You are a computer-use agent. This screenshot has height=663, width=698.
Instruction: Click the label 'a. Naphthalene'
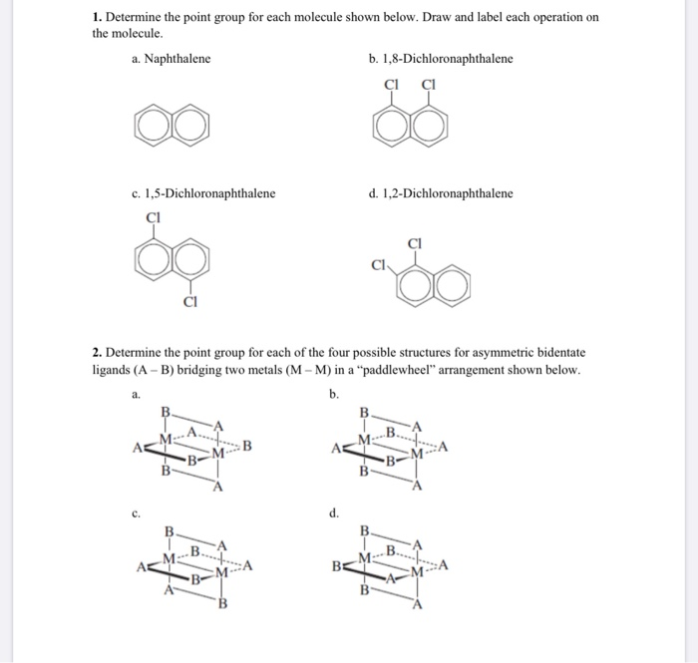171,59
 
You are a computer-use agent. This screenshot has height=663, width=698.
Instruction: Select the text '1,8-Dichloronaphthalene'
448,59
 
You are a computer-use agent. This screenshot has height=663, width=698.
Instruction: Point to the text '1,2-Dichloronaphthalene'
448,192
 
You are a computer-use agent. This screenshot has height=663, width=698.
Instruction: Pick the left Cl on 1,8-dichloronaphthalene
391,84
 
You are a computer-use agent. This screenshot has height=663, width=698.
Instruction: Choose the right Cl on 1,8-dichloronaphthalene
429,84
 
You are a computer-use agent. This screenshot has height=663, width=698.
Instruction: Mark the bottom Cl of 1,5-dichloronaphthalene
190,301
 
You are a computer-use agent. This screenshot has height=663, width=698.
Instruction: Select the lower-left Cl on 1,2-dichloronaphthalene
380,265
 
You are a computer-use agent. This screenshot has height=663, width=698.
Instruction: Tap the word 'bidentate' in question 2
559,352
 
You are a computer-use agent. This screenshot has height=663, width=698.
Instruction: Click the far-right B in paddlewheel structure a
247,445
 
